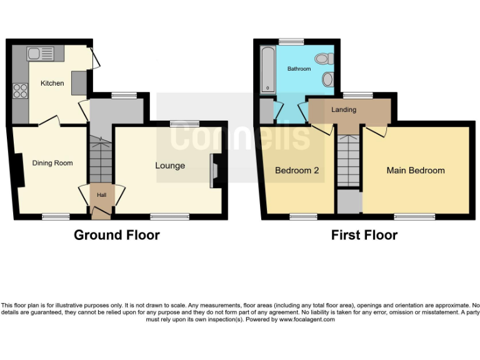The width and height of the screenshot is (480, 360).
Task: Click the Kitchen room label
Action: tap(52, 83)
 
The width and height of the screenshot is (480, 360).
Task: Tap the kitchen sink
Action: tap(42, 54)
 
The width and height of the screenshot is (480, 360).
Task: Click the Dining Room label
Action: tap(52, 163)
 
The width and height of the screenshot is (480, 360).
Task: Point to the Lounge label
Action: tap(170, 166)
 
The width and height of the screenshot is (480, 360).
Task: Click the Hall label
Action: tap(101, 195)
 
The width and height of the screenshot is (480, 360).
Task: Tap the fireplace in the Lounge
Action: tap(214, 171)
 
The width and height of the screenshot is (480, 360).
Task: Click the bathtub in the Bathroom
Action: tap(267, 69)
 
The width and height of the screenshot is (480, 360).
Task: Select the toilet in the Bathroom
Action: tap(322, 59)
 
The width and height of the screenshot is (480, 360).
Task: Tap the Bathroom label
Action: tap(299, 69)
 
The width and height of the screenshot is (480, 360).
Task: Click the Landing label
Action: tap(344, 110)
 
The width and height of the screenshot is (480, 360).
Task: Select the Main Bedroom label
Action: tap(416, 170)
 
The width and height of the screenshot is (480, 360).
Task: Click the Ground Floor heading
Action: tap(117, 236)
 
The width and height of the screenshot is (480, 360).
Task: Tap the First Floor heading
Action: tap(364, 236)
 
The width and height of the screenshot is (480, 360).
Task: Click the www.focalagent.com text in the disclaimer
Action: tap(307, 319)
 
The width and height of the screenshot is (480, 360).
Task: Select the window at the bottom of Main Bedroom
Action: tap(415, 217)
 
